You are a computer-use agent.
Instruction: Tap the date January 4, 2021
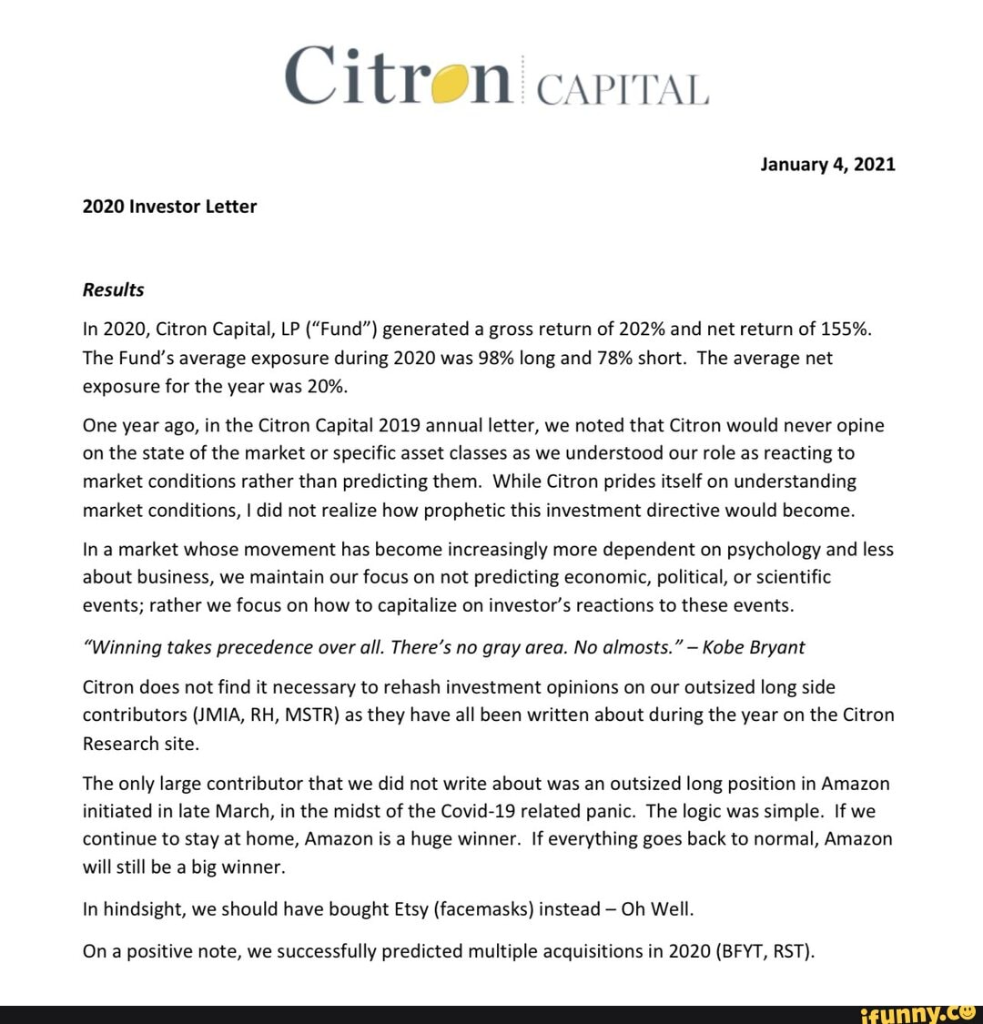[x=827, y=164]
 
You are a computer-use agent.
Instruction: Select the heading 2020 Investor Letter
[x=169, y=207]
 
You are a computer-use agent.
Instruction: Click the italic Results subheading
[x=113, y=289]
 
